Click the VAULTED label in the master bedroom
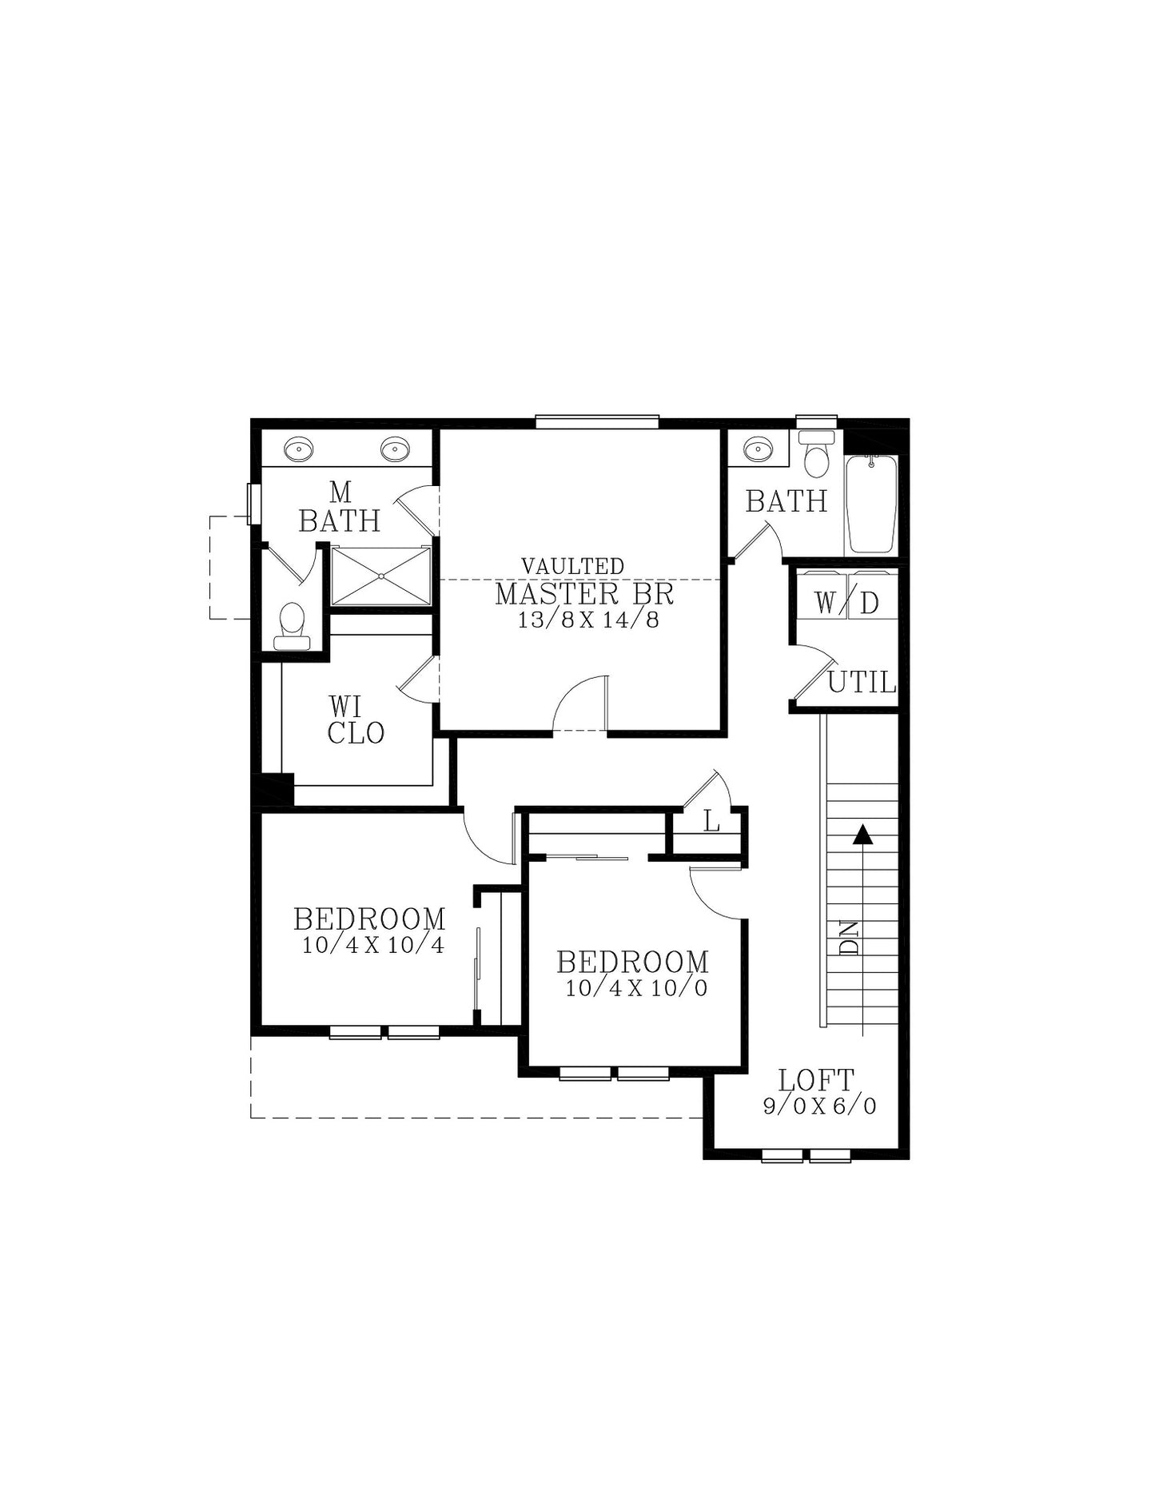[572, 566]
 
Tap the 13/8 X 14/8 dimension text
[588, 620]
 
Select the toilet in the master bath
[292, 626]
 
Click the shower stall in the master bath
[381, 576]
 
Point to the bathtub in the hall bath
[872, 504]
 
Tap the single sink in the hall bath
[755, 449]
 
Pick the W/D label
[846, 604]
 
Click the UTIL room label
[862, 682]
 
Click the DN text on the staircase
[850, 938]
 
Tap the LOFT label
[816, 1080]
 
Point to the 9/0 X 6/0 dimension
[819, 1106]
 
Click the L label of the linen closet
[711, 821]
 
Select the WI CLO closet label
[356, 720]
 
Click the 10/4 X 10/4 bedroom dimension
[372, 945]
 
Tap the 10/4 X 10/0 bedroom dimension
[636, 988]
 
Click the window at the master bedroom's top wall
[597, 422]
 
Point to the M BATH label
[340, 507]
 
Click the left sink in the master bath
[300, 449]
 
